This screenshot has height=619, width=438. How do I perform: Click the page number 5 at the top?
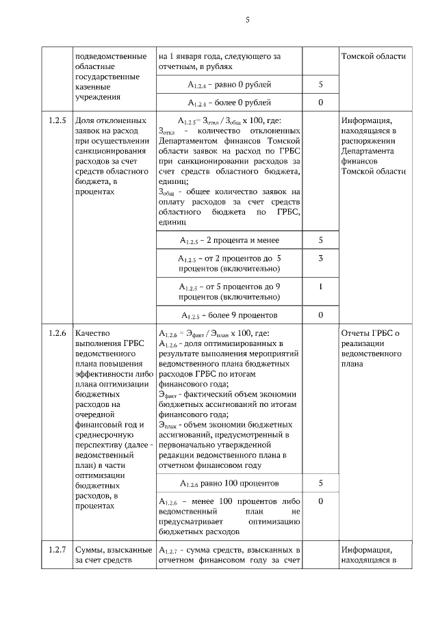point(247,21)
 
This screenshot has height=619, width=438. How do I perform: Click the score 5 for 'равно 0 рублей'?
point(320,85)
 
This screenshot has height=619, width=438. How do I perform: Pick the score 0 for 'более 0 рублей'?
point(320,103)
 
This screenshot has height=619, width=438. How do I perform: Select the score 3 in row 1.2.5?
point(320,259)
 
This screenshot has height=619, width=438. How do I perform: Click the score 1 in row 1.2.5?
point(320,287)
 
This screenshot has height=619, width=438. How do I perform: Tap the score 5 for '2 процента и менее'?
point(320,241)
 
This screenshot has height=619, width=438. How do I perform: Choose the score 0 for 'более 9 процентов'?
point(320,315)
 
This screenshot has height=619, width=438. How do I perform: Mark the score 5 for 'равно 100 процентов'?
point(320,484)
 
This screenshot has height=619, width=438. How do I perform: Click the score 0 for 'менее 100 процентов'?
point(320,501)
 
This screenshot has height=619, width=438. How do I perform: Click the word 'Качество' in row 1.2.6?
point(92,334)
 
